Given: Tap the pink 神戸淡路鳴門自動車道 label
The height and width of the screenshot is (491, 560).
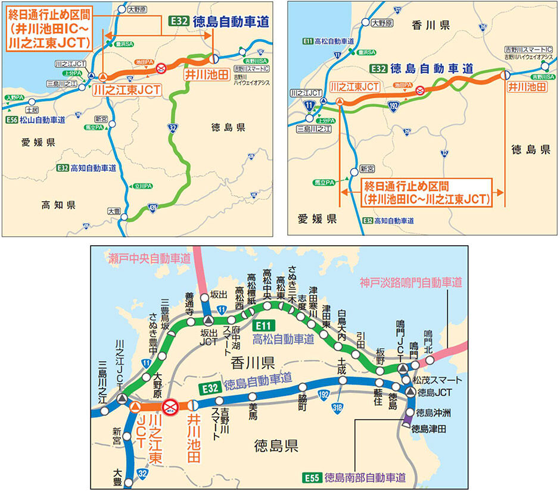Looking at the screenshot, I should pos(410,282).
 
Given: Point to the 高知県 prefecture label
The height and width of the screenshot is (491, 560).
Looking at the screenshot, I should pos(58,205).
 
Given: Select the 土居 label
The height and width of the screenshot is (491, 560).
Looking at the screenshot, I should pos(32,110).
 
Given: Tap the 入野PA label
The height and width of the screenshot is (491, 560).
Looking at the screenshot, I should pos(13,97).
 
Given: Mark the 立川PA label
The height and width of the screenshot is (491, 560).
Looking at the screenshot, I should pos(141,185).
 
